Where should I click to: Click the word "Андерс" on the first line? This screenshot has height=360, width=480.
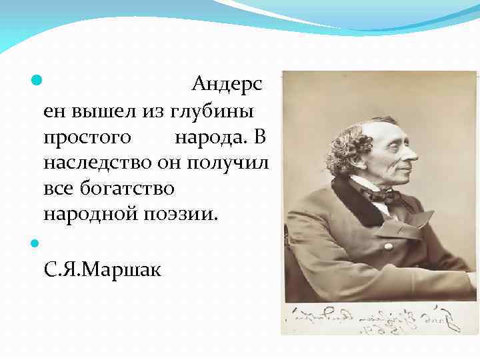(227, 85)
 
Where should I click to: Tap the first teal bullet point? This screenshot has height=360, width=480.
(36, 80)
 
